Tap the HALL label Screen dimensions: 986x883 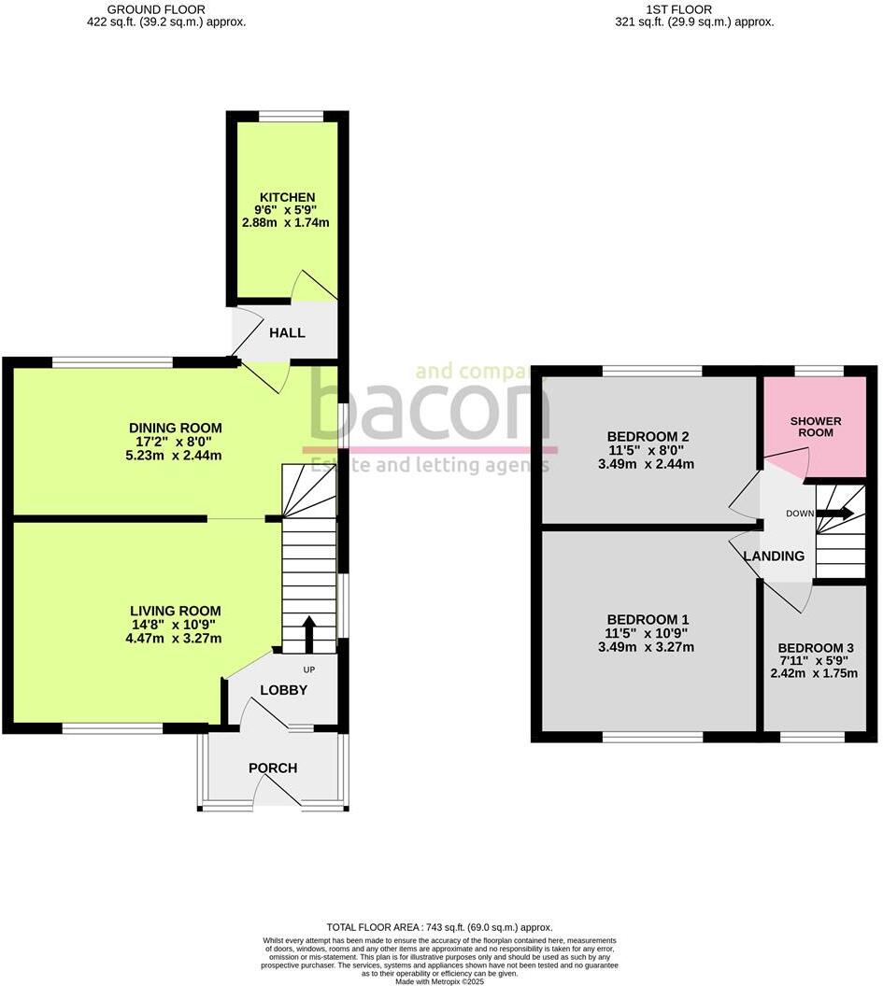point(287,332)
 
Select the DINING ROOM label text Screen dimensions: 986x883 point(175,428)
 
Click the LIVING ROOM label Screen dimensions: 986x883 point(176,611)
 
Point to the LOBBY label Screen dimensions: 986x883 point(283,690)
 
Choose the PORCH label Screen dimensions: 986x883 point(273,768)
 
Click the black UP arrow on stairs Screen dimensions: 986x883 point(309,634)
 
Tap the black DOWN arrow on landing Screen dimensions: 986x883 point(833,513)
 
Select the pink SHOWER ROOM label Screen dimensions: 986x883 point(816,427)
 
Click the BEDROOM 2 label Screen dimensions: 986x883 point(648,436)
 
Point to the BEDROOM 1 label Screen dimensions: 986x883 point(648,619)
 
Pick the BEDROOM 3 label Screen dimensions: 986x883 point(816,647)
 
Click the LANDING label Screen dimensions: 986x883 point(774,556)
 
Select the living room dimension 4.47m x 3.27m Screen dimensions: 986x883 point(176,639)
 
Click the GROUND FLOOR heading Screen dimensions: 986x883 point(166,9)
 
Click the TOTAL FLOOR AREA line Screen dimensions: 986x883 point(439,927)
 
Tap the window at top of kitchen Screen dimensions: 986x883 point(292,117)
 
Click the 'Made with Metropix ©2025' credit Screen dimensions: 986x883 point(440,981)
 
